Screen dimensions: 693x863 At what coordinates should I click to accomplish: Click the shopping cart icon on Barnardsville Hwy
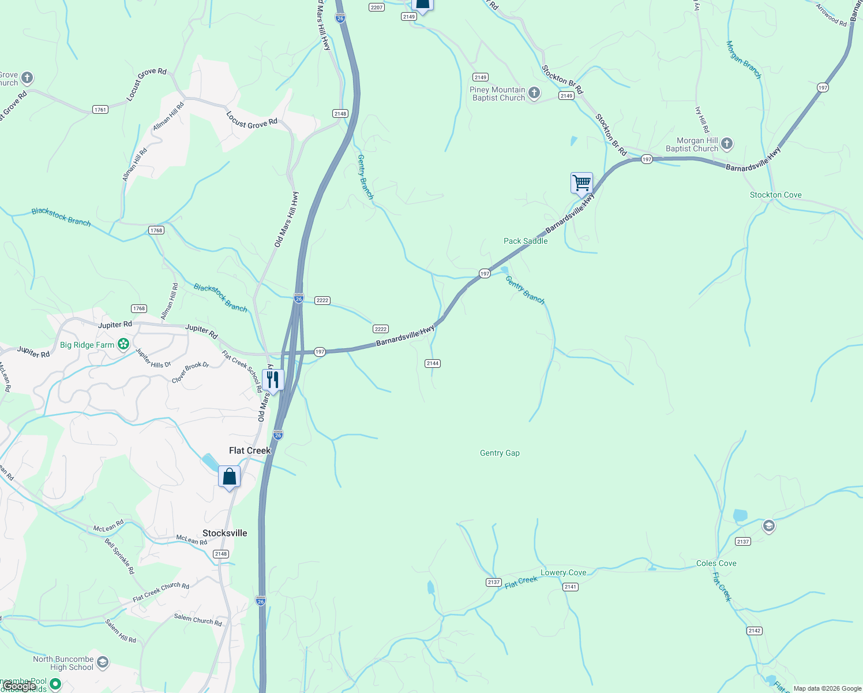[x=581, y=183]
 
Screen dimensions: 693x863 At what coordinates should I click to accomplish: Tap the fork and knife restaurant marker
[x=273, y=380]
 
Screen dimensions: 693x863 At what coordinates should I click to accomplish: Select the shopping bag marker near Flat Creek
[x=229, y=477]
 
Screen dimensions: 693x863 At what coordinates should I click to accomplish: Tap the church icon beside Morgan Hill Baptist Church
[x=727, y=143]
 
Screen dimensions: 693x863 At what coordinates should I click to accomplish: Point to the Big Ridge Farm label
[x=87, y=345]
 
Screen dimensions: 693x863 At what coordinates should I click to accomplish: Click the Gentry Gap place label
[x=500, y=453]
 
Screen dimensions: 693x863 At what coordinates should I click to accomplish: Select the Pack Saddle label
[x=526, y=241]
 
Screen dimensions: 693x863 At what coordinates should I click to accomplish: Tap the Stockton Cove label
[x=775, y=195]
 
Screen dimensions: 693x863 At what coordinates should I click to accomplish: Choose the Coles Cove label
[x=716, y=563]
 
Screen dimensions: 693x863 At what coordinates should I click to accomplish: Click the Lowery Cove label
[x=563, y=573]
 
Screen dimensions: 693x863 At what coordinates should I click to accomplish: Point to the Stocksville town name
[x=224, y=533]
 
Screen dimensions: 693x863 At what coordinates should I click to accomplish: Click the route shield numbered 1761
[x=100, y=110]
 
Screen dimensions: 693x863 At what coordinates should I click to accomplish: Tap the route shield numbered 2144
[x=432, y=363]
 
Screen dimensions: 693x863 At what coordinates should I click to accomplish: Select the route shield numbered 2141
[x=570, y=587]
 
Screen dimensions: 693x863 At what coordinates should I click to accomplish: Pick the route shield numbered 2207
[x=377, y=8]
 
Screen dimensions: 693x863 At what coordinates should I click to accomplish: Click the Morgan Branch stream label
[x=744, y=60]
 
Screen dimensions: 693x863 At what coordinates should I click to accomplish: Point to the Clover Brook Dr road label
[x=190, y=372]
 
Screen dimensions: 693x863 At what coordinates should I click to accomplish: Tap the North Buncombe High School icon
[x=103, y=662]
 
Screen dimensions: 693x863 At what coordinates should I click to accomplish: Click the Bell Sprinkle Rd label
[x=119, y=556]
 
